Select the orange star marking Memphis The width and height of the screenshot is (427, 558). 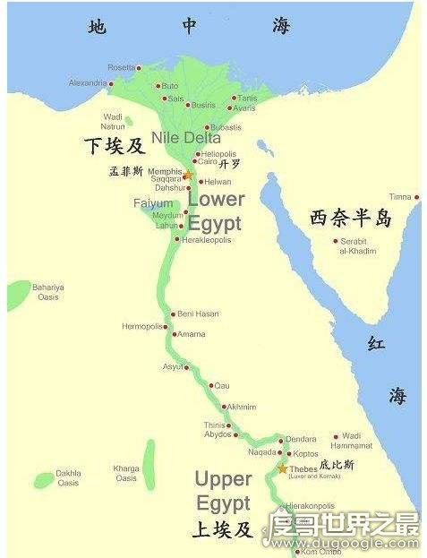[188, 175]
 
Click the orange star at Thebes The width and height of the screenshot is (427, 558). [283, 468]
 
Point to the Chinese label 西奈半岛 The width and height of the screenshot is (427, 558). [351, 218]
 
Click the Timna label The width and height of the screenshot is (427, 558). [400, 197]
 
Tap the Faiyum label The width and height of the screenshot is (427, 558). [152, 203]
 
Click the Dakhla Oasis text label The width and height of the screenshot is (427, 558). [68, 477]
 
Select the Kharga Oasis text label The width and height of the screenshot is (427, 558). [125, 472]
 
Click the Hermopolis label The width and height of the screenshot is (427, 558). [142, 327]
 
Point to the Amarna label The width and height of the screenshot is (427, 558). [191, 334]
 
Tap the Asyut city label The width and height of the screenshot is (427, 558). [173, 366]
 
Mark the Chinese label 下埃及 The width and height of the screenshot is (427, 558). [113, 145]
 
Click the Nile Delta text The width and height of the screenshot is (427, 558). [186, 138]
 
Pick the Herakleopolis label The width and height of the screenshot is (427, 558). [207, 240]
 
